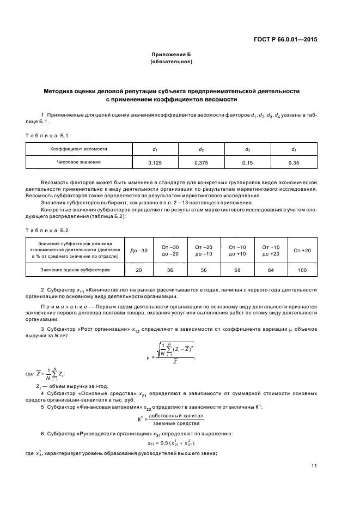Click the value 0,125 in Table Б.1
[155, 162]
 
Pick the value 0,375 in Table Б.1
[201, 162]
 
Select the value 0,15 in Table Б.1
[247, 162]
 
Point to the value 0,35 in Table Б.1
[294, 162]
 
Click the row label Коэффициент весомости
[79, 149]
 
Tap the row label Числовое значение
[79, 162]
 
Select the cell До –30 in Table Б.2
[139, 250]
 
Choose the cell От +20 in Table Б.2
[302, 250]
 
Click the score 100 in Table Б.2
[302, 270]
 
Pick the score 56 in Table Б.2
[204, 270]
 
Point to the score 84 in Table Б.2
[270, 270]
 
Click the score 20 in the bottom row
[139, 270]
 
